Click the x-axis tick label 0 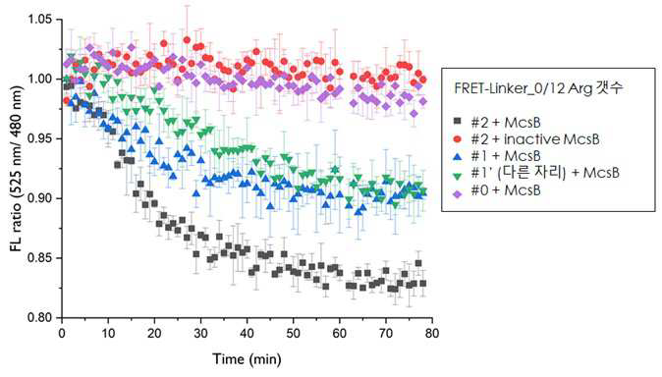click(62, 334)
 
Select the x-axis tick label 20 click(154, 334)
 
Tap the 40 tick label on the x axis click(247, 334)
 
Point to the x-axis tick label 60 click(340, 334)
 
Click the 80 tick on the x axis click(432, 334)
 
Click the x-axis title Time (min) click(247, 359)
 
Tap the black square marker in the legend click(458, 122)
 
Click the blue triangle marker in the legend click(458, 156)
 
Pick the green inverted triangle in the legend click(458, 174)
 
